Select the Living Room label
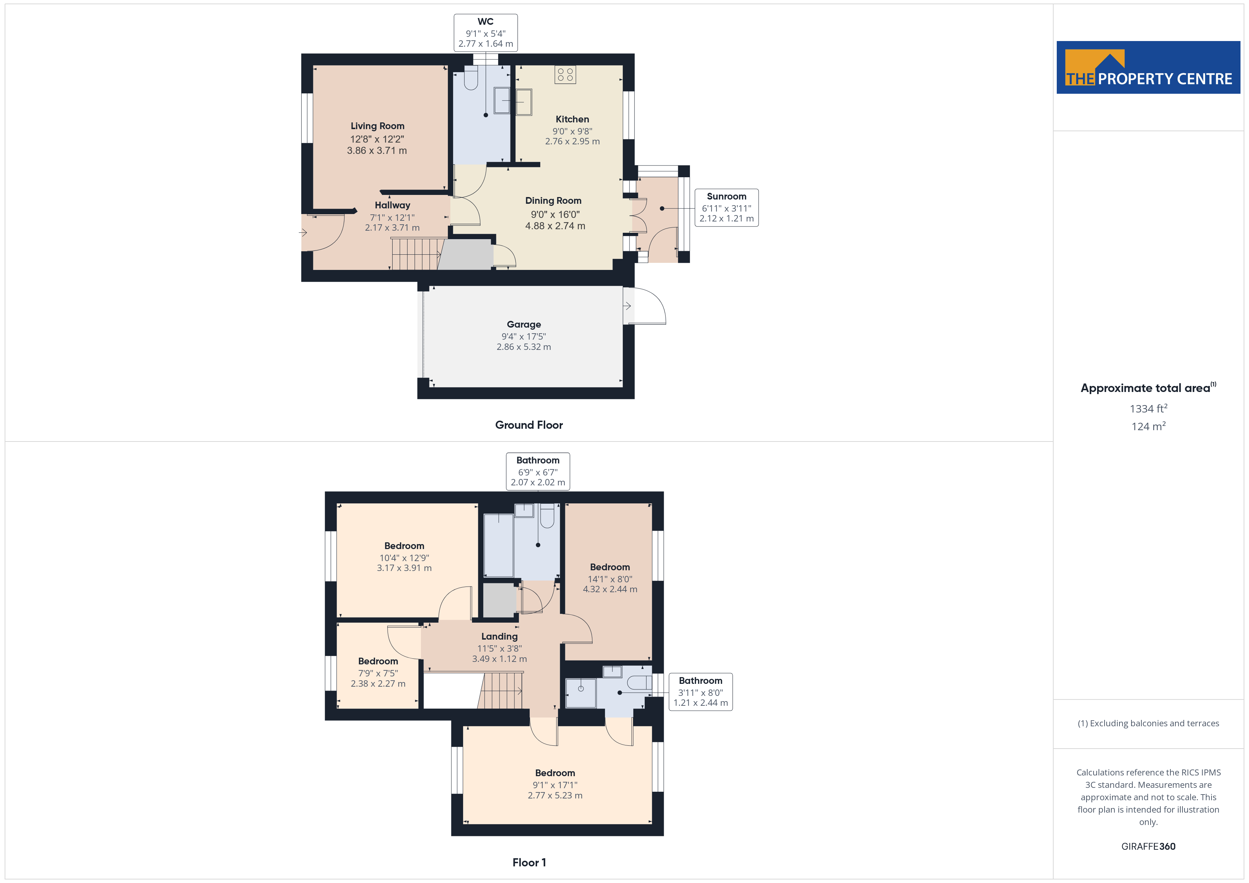pos(377,126)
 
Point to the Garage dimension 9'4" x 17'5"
pos(524,336)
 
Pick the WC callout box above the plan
pos(486,33)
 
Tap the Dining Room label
pos(553,201)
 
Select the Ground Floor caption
pos(529,425)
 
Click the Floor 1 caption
pos(529,862)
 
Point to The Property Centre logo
pos(1148,68)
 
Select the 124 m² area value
pos(1148,426)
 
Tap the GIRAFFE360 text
pos(1148,847)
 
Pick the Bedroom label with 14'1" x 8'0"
pos(610,567)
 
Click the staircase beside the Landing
pos(501,691)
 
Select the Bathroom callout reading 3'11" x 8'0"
pos(701,692)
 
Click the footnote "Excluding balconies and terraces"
pos(1148,723)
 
